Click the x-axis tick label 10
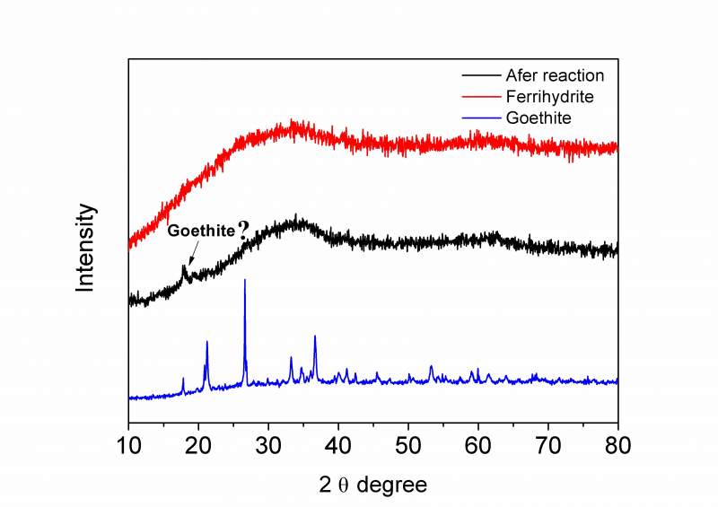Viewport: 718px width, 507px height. [x=128, y=444]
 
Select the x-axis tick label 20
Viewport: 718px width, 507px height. [x=198, y=444]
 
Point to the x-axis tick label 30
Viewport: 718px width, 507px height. [x=268, y=444]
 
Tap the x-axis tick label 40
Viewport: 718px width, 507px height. [x=338, y=444]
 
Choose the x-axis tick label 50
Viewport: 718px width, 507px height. [x=408, y=444]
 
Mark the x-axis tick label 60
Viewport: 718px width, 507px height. [x=478, y=444]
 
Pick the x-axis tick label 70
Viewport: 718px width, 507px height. [x=548, y=444]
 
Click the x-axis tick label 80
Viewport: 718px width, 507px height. [x=617, y=444]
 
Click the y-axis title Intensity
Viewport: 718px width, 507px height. [x=85, y=247]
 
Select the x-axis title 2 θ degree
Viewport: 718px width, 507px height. [x=372, y=485]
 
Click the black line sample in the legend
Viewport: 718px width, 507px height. [x=480, y=75]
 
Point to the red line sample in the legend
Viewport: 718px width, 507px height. [x=480, y=96]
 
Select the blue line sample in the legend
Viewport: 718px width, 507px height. [x=480, y=117]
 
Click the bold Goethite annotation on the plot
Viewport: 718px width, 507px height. [x=201, y=231]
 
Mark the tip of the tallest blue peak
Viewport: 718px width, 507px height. [x=245, y=280]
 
